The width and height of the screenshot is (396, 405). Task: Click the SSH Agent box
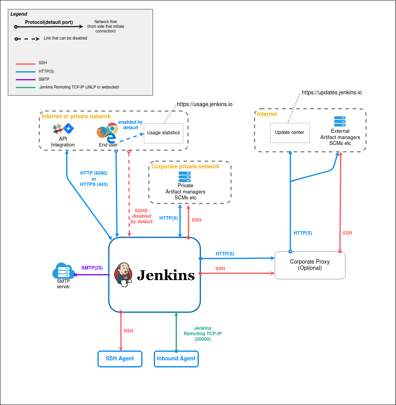point(120,358)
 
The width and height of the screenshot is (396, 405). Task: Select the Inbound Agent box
point(176,358)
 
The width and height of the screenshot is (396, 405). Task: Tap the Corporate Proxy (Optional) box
point(310,265)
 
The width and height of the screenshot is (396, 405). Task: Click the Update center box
point(290,133)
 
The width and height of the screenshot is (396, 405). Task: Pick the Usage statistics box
point(164,133)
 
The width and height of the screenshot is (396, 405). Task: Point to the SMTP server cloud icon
point(63,271)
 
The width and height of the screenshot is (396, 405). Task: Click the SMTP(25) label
point(92,268)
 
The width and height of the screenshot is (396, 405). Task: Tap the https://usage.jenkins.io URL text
point(205,105)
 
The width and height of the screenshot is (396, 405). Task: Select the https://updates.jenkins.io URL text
point(331,93)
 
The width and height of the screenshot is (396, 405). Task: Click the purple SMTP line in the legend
point(26,79)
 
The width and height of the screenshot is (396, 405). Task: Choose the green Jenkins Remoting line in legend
point(26,87)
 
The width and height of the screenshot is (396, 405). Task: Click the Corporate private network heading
point(185,166)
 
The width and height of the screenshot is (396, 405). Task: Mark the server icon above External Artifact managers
point(340,121)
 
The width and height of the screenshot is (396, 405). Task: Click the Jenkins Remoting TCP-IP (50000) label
point(203,334)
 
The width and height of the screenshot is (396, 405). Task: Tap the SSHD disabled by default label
point(141,216)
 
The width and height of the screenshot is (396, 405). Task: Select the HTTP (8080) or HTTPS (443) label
point(94,179)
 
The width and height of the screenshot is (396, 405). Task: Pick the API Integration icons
point(63,129)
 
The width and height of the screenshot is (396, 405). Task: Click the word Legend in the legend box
point(19,14)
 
